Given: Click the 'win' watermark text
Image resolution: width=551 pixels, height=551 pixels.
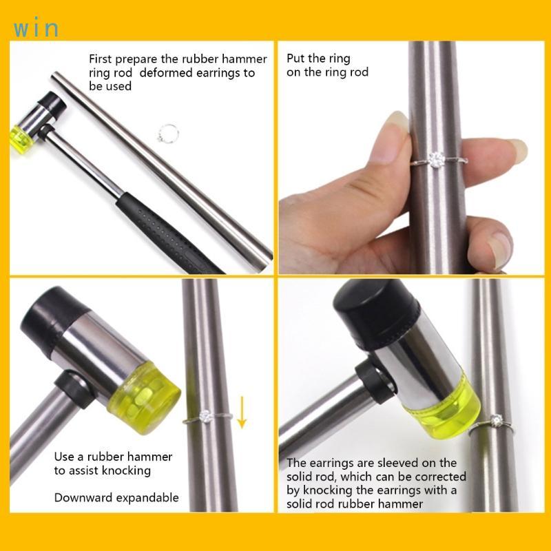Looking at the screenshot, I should pyautogui.click(x=34, y=29).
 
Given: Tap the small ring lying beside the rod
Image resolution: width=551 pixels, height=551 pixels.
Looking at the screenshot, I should pyautogui.click(x=169, y=132).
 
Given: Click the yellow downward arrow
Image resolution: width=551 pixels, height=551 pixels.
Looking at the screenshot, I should pyautogui.click(x=241, y=413).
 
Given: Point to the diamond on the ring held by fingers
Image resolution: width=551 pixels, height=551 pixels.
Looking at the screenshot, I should pyautogui.click(x=435, y=160).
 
